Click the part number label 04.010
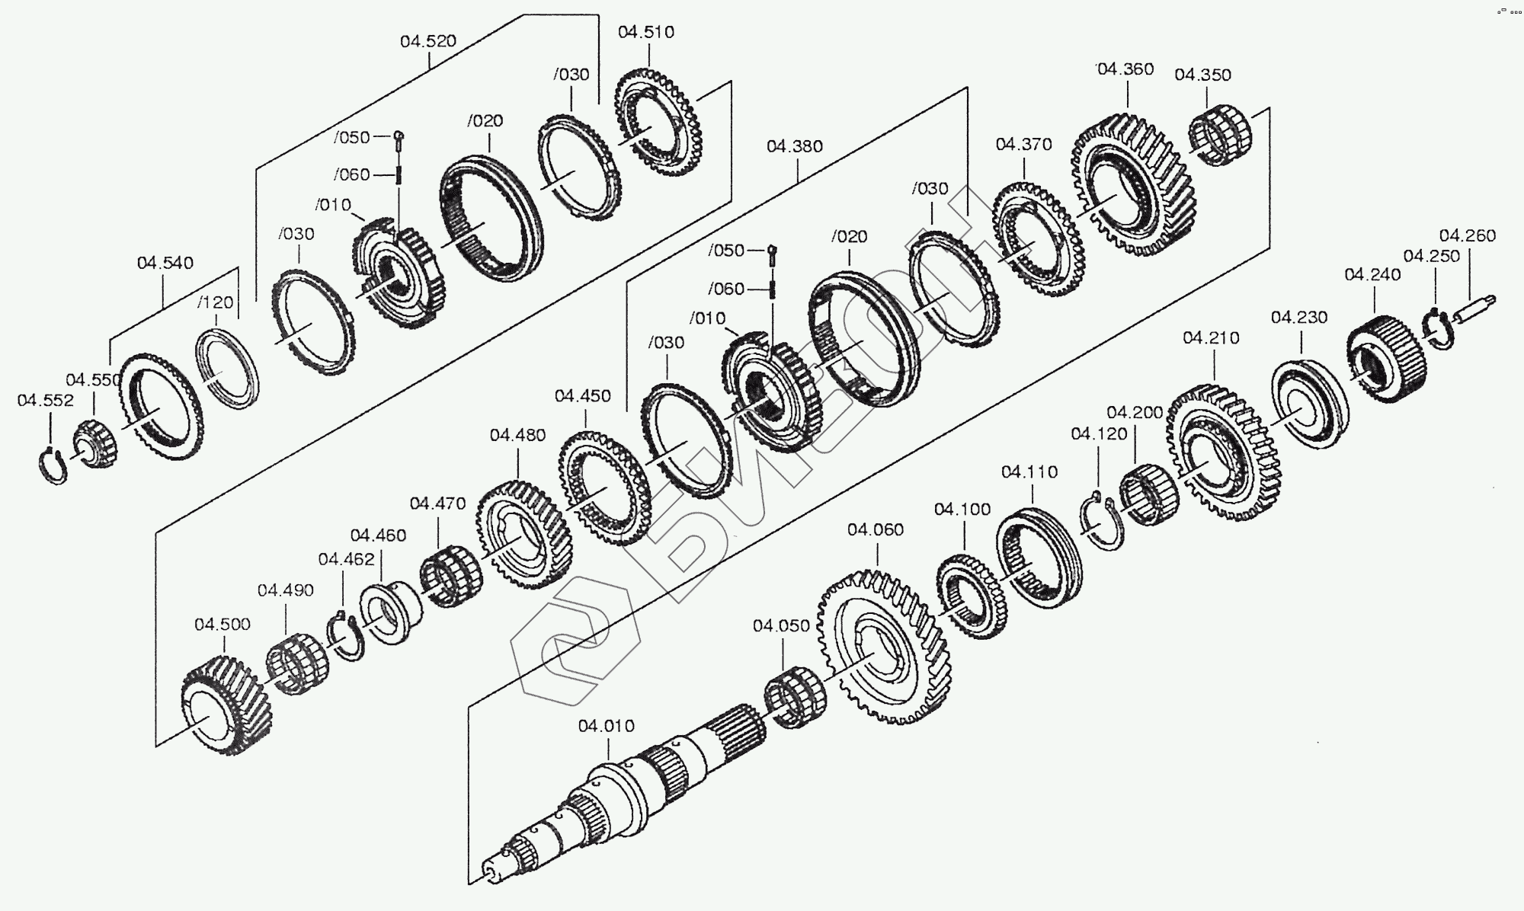coord(606,726)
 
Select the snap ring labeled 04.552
coord(53,466)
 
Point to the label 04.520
coord(428,41)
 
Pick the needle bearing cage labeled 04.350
coord(1221,136)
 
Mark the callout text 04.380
coord(795,146)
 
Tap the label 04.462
coord(347,559)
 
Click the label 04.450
coord(583,396)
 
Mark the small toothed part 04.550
coord(97,445)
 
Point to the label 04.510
coord(646,32)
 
